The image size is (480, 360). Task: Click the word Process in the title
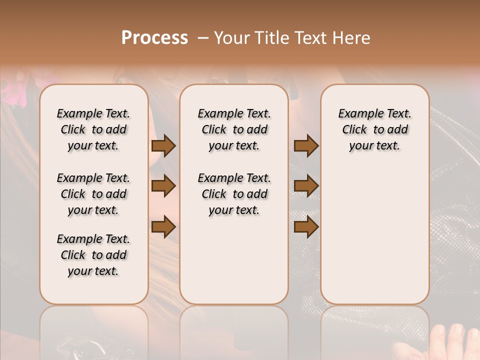pos(154,38)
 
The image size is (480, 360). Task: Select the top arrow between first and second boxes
pos(163,146)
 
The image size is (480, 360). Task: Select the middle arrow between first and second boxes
pos(163,186)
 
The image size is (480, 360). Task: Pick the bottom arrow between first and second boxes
pos(163,226)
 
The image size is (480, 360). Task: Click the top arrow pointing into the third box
pos(306,146)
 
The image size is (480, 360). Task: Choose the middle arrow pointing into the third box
pos(306,186)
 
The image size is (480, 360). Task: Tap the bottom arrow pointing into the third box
pos(306,226)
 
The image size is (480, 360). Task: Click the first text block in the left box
pos(93,129)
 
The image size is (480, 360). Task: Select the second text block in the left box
pos(93,194)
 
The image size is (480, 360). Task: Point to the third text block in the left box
pos(93,255)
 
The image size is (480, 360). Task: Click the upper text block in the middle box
pos(234,129)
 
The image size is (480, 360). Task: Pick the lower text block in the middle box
pos(234,194)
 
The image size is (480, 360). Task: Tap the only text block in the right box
pos(374,129)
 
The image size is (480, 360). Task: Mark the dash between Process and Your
pos(202,38)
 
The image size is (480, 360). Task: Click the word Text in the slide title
pos(310,38)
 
